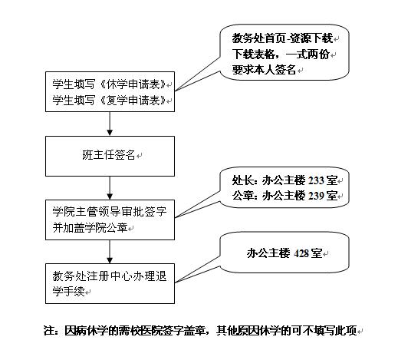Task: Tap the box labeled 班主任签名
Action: pos(110,156)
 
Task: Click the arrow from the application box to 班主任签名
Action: pos(110,124)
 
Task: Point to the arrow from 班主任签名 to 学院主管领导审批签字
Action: pos(110,188)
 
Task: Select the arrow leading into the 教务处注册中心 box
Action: pos(110,252)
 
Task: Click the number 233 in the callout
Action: pos(316,180)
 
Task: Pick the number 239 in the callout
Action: pos(316,196)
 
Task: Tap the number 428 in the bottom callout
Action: pos(301,253)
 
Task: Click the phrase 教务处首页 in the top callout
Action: pos(258,38)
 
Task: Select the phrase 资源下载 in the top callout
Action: pos(311,38)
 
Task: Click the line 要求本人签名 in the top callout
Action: pos(264,70)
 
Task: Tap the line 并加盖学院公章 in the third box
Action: pos(90,228)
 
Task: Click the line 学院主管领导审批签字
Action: pos(110,212)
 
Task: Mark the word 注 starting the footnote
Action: pos(49,331)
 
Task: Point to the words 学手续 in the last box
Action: pos(68,292)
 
